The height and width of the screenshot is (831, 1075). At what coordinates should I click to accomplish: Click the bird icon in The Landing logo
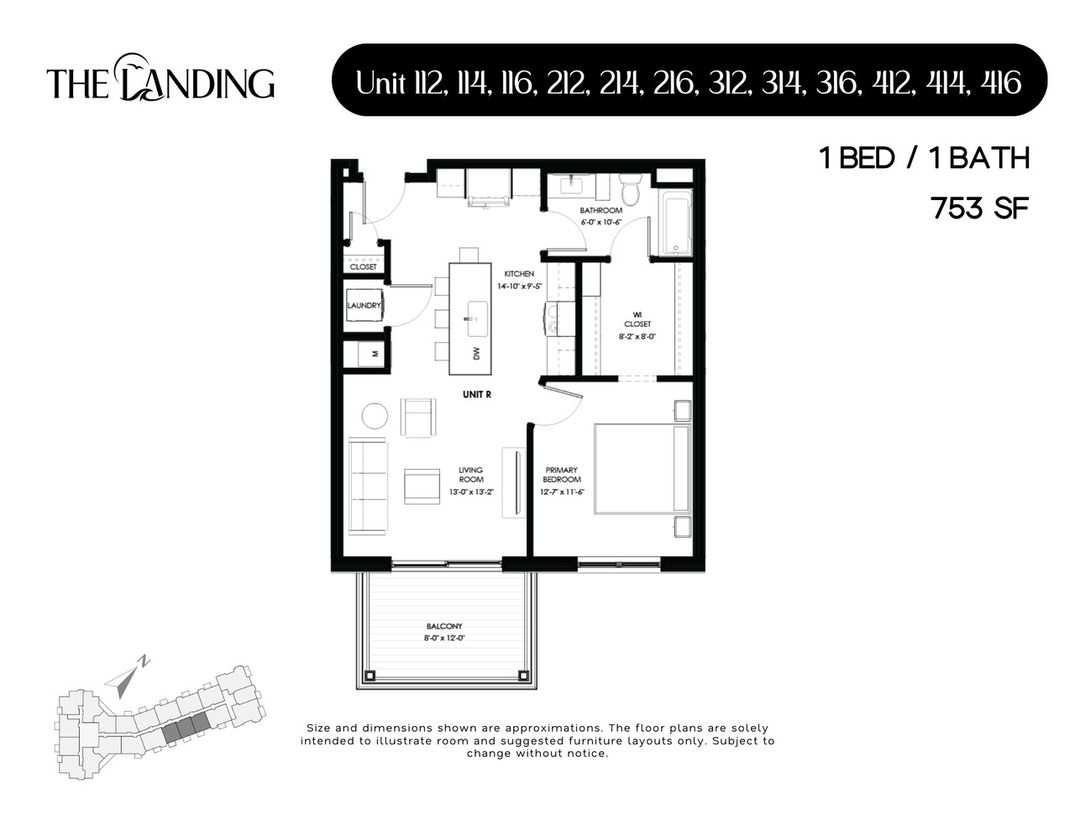click(132, 66)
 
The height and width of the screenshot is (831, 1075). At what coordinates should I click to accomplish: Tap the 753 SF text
click(980, 208)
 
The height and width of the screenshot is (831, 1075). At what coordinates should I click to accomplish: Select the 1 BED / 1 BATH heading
click(924, 158)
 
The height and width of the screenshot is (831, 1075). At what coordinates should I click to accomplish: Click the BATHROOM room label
click(600, 210)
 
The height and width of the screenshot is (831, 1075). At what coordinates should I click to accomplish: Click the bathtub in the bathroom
click(676, 224)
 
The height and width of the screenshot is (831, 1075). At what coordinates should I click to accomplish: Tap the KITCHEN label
click(518, 274)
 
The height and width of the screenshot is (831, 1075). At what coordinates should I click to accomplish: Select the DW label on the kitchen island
click(476, 354)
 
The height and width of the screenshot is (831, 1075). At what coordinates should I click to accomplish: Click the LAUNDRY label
click(364, 306)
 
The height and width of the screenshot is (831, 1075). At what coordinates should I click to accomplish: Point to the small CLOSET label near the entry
click(364, 266)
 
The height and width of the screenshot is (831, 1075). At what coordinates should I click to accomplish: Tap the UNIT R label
click(476, 394)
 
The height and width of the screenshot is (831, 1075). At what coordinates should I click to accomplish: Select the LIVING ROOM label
click(470, 475)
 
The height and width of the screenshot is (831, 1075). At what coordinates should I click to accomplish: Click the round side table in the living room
click(375, 416)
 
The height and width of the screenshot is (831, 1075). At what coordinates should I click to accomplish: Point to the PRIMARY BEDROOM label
click(562, 475)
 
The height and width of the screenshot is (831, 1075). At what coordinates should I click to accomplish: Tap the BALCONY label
click(444, 626)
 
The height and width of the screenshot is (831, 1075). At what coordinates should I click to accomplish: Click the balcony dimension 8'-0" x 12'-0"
click(444, 639)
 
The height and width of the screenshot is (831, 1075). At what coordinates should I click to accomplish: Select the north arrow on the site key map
click(126, 677)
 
